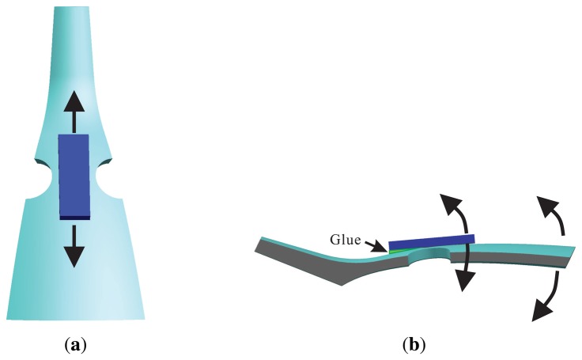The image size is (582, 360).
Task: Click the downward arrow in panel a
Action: tap(74, 246)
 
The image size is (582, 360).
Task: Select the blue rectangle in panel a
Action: tap(74, 175)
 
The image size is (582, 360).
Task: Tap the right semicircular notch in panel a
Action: tap(101, 175)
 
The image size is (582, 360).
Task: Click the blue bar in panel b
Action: tap(431, 241)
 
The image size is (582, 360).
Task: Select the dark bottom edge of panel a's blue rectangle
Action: tap(74, 217)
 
